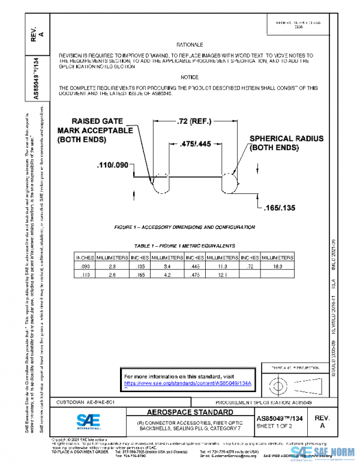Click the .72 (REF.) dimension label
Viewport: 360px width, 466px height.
(x=200, y=121)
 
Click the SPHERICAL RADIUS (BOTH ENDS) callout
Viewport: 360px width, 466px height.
(x=286, y=142)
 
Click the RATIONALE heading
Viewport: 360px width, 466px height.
(x=190, y=45)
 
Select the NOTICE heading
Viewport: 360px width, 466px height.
(x=190, y=77)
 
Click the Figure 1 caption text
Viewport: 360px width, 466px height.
(x=184, y=228)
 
